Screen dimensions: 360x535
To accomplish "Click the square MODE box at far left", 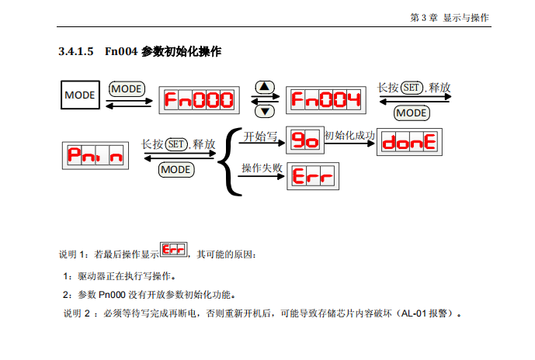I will pyautogui.click(x=80, y=95).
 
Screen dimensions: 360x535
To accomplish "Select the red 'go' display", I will pyautogui.click(x=304, y=140).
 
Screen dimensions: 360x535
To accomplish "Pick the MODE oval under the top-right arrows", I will pyautogui.click(x=412, y=113).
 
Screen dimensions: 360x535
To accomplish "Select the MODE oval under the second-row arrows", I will pyautogui.click(x=175, y=169).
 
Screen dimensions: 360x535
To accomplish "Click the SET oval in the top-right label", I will pyautogui.click(x=412, y=88).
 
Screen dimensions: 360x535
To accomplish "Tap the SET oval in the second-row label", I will pyautogui.click(x=176, y=144).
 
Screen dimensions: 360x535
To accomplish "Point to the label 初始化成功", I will pyautogui.click(x=349, y=135).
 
